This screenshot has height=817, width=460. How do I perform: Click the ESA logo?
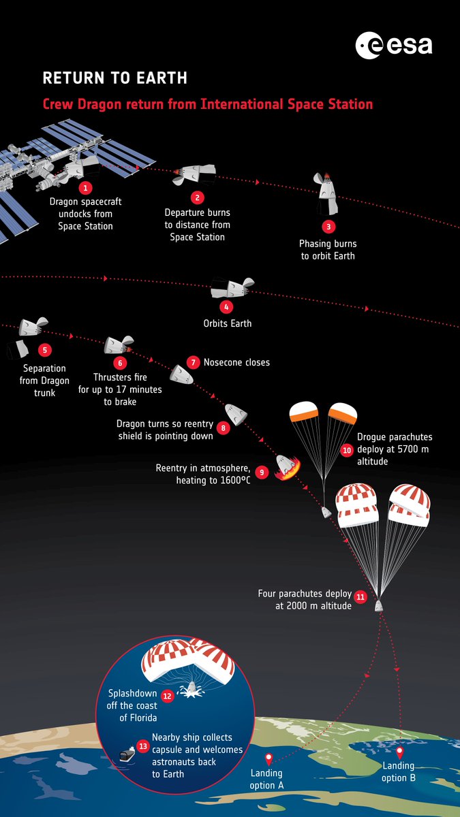[394, 46]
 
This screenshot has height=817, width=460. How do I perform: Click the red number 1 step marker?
[85, 188]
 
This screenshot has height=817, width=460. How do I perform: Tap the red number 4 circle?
[226, 307]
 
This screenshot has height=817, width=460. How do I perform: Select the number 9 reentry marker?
[262, 472]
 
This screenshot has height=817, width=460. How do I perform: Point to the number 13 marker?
[142, 746]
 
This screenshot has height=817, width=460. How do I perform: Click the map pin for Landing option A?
[269, 759]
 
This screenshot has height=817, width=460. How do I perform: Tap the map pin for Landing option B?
[399, 752]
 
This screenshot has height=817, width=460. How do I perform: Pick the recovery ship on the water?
[127, 754]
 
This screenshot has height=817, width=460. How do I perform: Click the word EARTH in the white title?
[162, 78]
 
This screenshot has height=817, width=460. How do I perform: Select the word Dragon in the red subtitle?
[99, 104]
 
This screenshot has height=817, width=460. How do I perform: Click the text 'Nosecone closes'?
[236, 362]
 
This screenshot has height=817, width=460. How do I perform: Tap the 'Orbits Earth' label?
[228, 323]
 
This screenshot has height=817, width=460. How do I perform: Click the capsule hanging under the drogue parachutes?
[326, 512]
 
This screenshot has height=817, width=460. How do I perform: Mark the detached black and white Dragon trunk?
[18, 349]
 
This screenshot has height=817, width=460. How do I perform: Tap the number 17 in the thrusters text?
[121, 389]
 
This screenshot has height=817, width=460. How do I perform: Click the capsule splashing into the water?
[191, 688]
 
